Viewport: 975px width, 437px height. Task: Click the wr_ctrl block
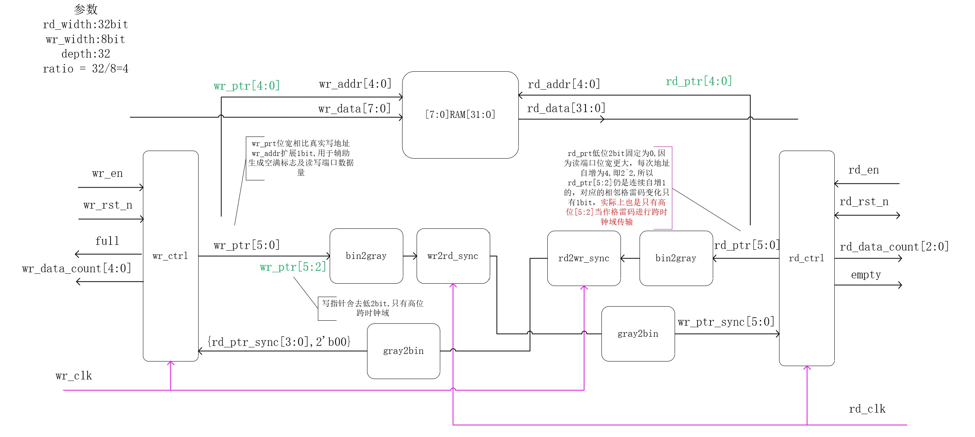[170, 256]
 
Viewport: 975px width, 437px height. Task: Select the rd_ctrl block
[807, 258]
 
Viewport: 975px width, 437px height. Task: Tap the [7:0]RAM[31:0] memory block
[460, 115]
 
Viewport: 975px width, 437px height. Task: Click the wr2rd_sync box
[453, 256]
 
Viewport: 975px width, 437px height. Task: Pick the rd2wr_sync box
[584, 258]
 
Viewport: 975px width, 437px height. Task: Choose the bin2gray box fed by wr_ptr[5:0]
[366, 256]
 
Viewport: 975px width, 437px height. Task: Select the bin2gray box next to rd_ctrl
[676, 258]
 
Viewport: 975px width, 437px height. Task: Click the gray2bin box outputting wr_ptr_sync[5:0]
[638, 334]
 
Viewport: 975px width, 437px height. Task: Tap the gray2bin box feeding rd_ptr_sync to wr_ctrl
[403, 351]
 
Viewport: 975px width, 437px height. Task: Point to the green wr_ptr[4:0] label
[247, 86]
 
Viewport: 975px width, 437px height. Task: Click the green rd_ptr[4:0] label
[699, 81]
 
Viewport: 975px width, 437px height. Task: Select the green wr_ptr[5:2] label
[293, 267]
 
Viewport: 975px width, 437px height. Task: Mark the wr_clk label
[74, 376]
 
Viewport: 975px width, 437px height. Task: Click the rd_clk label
[867, 409]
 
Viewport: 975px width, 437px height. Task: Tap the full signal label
[107, 241]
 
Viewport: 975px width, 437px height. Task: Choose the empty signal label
[866, 275]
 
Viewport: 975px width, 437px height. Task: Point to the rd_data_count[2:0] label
[894, 247]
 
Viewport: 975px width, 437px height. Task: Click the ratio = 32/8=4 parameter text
[86, 69]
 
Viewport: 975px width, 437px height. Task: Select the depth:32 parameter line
[86, 54]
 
